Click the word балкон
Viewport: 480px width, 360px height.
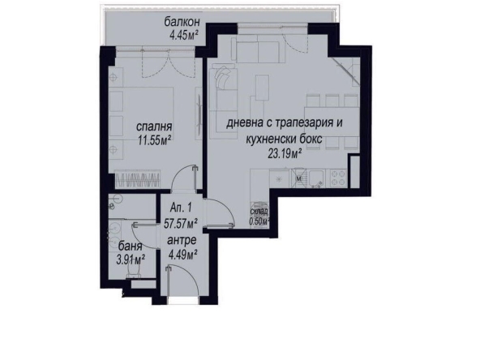coord(186,23)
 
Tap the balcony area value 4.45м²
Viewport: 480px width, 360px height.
coord(186,35)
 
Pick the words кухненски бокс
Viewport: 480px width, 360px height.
coord(281,139)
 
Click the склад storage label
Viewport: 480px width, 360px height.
coord(259,211)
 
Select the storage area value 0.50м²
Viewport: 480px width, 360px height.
coord(259,219)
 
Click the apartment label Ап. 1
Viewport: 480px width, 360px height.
coord(181,208)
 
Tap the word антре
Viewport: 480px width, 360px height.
coord(181,242)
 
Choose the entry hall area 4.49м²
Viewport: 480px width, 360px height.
coord(182,255)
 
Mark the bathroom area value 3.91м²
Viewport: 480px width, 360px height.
coord(129,259)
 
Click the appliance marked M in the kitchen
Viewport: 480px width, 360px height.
coord(298,177)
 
